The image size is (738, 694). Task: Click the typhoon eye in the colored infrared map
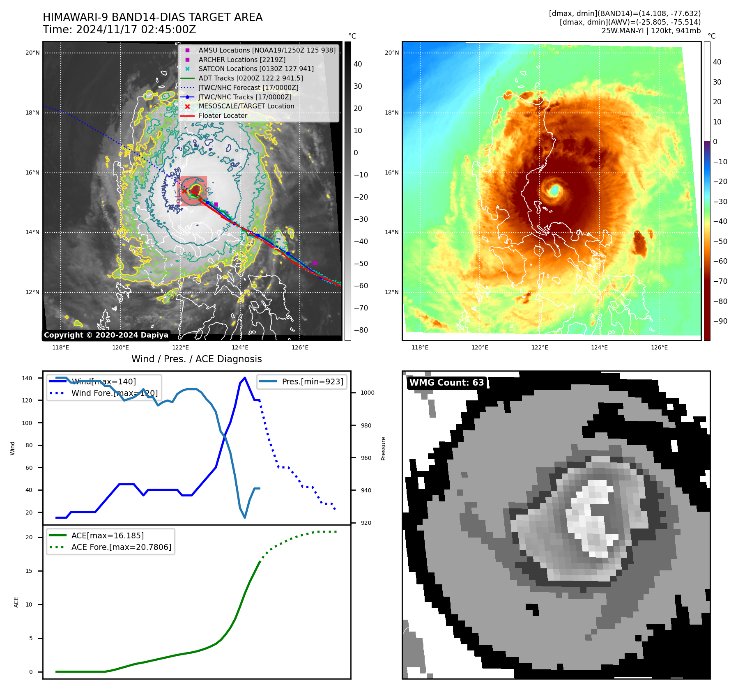click(x=554, y=190)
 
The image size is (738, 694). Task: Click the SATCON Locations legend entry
click(x=256, y=69)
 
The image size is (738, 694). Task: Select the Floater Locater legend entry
click(x=223, y=116)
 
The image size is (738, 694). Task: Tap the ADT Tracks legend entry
click(x=251, y=78)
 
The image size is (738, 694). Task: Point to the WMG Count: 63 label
click(x=446, y=383)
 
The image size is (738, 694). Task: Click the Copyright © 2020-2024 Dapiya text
click(x=106, y=335)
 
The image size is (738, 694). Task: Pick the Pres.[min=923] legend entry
click(x=312, y=381)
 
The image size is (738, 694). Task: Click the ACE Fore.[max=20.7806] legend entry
click(x=121, y=547)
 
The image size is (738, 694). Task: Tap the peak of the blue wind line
click(x=245, y=378)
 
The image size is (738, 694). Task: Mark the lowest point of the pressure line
click(x=245, y=517)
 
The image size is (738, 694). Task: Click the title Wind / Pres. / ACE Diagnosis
click(x=196, y=359)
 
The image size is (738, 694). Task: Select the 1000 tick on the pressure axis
click(x=367, y=393)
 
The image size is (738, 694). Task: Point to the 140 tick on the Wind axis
click(x=27, y=378)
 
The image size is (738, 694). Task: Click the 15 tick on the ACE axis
click(x=29, y=571)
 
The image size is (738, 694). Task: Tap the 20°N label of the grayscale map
click(x=32, y=53)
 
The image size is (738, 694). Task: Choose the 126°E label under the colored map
click(x=659, y=347)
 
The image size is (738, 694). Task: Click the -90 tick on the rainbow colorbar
click(x=720, y=321)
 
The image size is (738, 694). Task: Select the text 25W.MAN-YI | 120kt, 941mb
click(x=651, y=31)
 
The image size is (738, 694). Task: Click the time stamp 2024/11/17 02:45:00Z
click(x=136, y=30)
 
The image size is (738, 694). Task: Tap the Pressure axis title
click(x=383, y=448)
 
